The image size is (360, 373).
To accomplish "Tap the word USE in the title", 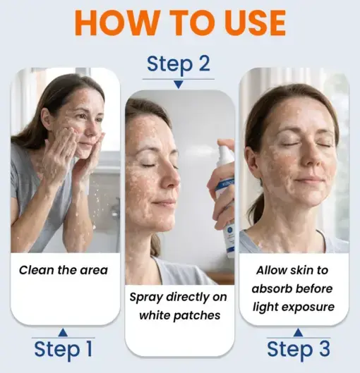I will [x=249, y=24].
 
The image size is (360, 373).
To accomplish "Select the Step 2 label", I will [x=178, y=64].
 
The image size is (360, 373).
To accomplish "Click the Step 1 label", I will [x=63, y=349].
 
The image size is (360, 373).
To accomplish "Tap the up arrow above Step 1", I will [x=63, y=331].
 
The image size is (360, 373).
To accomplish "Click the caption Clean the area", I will [x=64, y=270].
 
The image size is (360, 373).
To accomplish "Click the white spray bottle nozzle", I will [x=225, y=152].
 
